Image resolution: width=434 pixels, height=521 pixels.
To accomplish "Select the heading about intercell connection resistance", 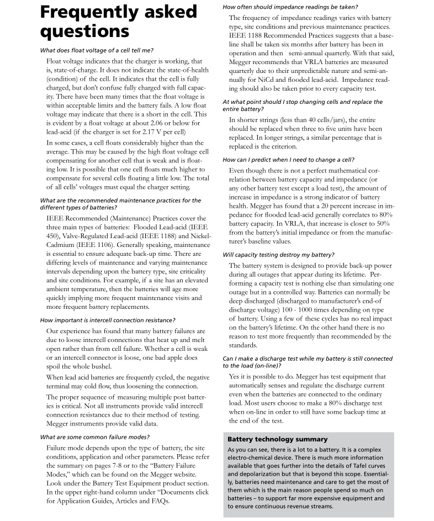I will click(108, 320).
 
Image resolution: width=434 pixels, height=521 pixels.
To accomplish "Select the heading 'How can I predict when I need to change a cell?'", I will click(288, 160).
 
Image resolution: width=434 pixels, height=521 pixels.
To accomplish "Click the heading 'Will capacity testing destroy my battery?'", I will click(278, 255).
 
